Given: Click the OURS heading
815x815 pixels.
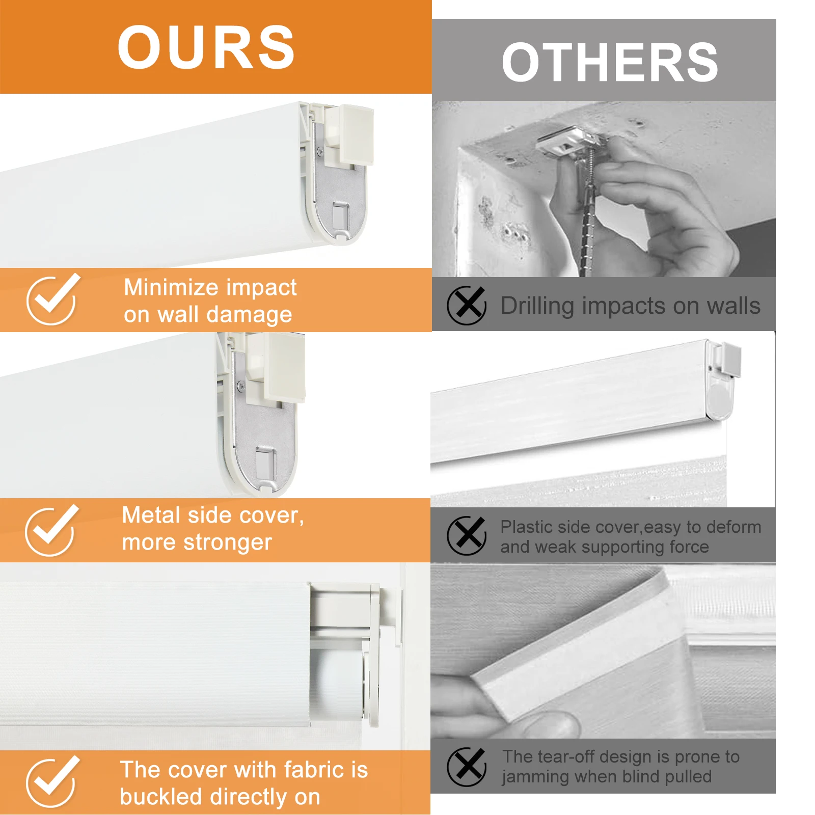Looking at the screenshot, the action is [x=206, y=47].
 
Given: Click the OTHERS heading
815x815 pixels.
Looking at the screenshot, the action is [x=610, y=62].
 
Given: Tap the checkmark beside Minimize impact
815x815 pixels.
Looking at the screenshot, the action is [x=52, y=300].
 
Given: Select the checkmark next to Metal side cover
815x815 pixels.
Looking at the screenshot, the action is [x=51, y=530].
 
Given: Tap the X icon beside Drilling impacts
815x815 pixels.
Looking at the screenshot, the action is [x=467, y=306].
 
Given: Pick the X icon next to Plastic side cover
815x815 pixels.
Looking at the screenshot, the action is [x=467, y=536].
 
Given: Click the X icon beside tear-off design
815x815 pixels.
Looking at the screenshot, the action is [x=467, y=767].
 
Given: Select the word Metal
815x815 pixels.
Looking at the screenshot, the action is [x=151, y=515].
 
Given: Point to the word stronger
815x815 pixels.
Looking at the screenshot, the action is [x=228, y=543].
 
